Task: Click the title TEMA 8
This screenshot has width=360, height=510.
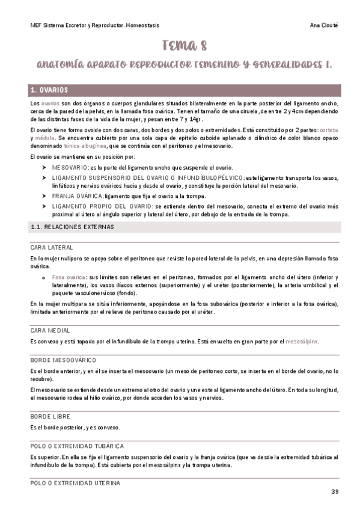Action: click(x=180, y=45)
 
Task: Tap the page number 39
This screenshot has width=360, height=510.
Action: click(x=335, y=492)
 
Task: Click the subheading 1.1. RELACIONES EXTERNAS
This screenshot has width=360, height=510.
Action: click(x=72, y=227)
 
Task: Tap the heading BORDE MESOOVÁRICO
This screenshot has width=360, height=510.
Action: click(x=63, y=359)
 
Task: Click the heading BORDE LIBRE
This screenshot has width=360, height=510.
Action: click(x=49, y=416)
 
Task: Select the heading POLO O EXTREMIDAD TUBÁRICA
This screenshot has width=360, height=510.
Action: click(x=77, y=446)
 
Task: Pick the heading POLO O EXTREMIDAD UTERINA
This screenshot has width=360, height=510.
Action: click(x=75, y=483)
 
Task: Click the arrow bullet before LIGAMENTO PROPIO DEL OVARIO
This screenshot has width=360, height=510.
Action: click(x=44, y=206)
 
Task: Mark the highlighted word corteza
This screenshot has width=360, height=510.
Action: click(x=328, y=130)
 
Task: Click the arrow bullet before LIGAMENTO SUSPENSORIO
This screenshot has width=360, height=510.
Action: click(x=44, y=178)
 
